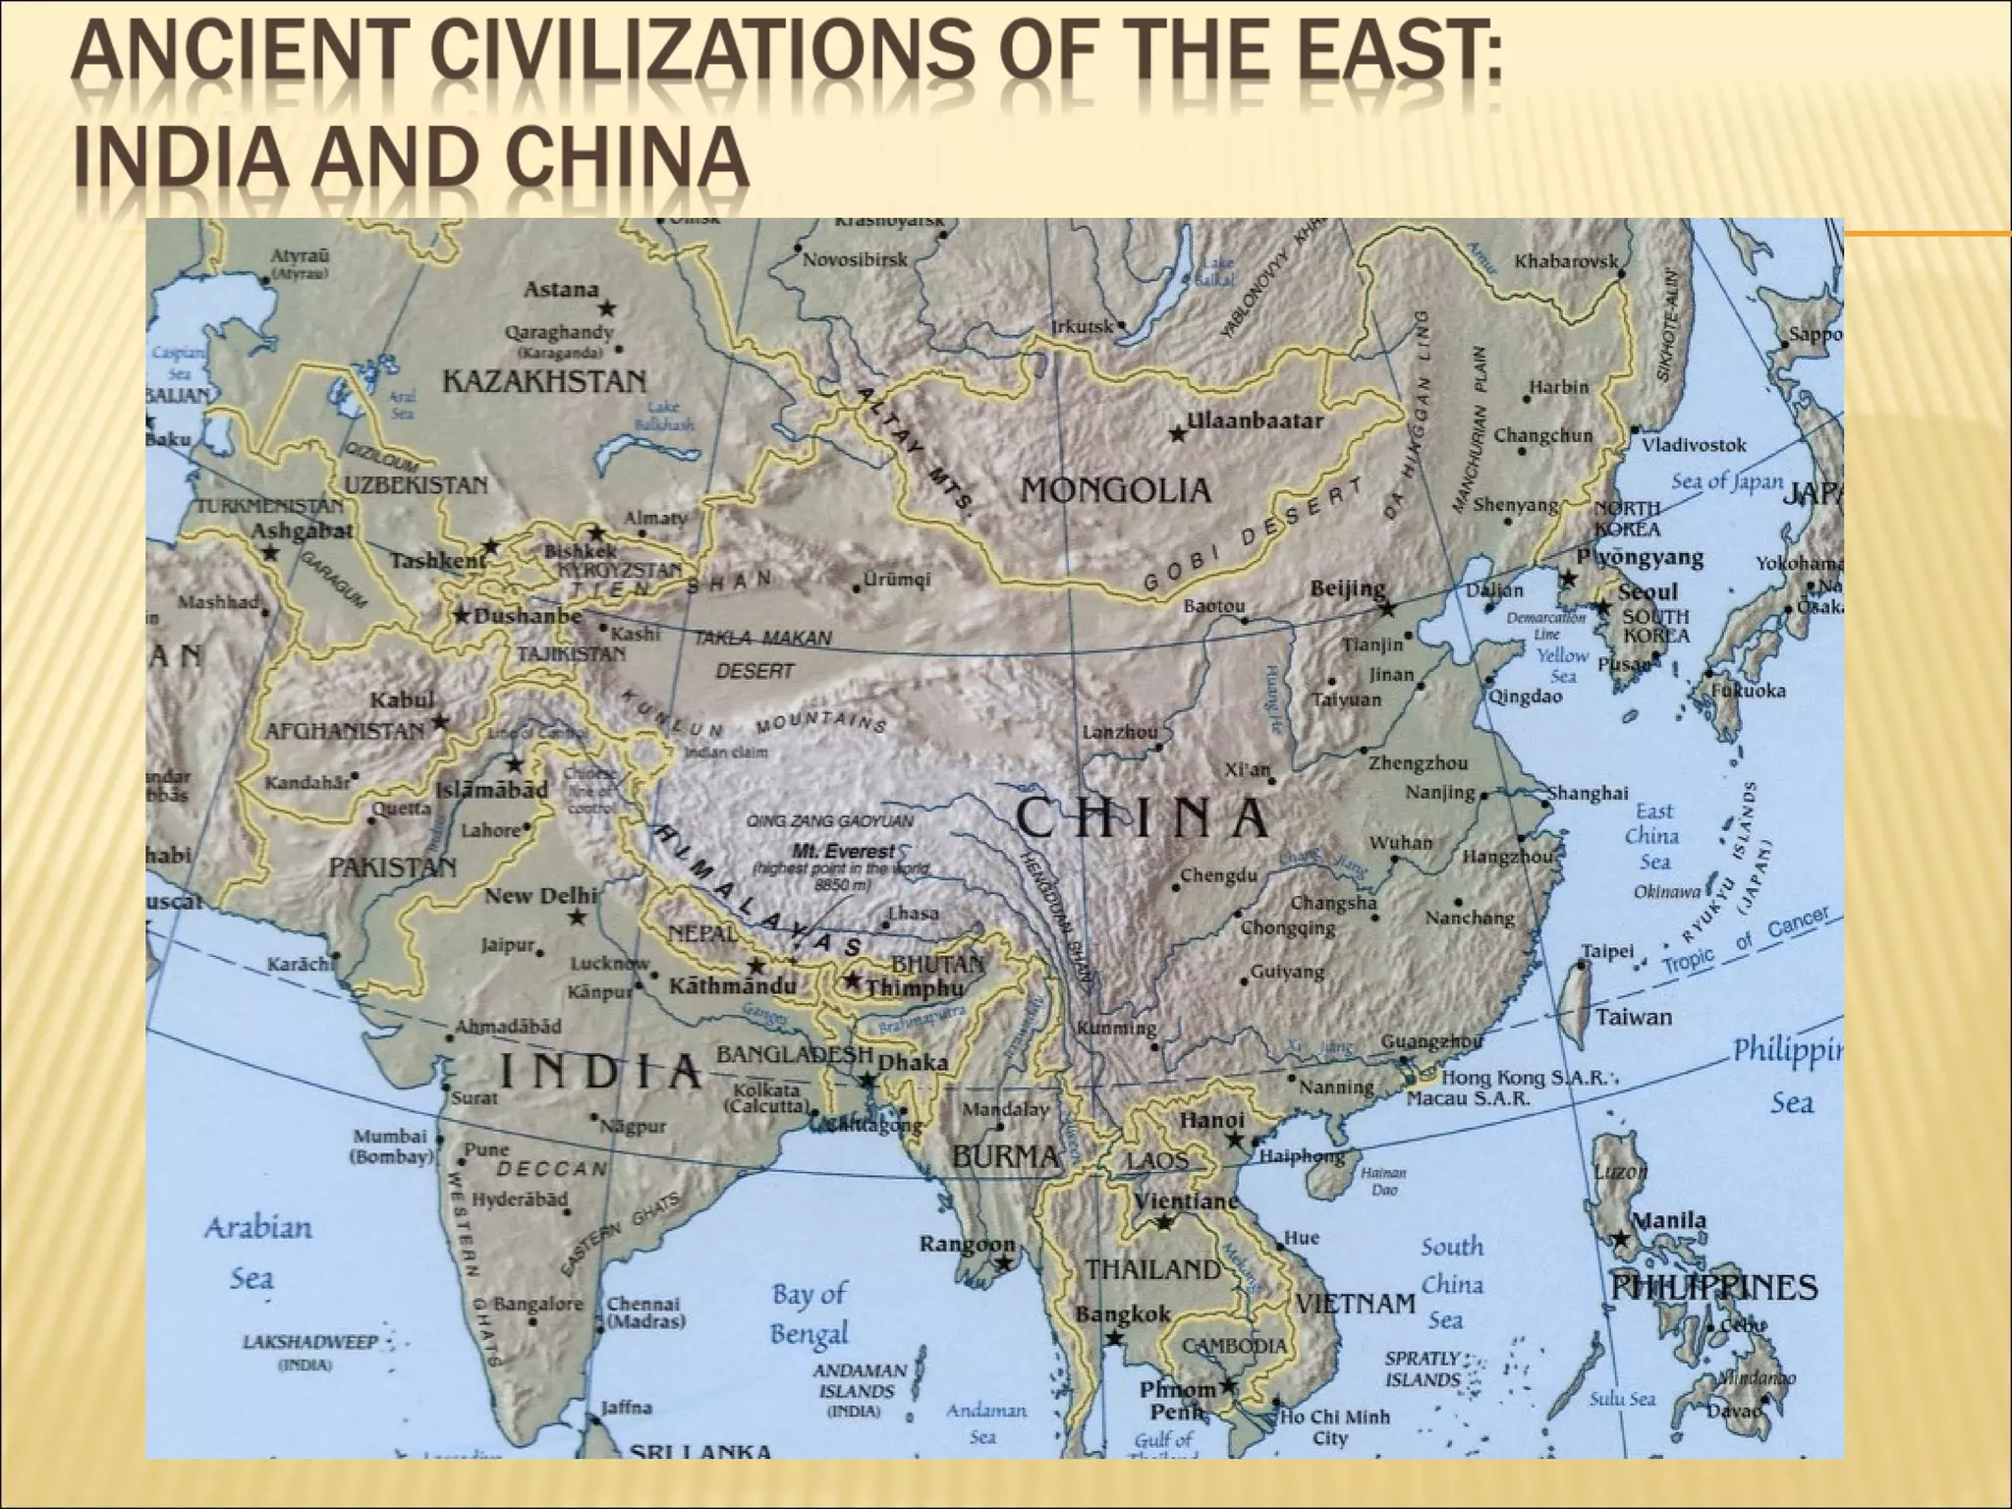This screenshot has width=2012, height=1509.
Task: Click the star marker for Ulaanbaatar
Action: click(x=1177, y=433)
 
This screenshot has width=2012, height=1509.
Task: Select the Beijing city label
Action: click(x=1348, y=588)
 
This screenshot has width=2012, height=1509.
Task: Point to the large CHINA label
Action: click(x=1142, y=818)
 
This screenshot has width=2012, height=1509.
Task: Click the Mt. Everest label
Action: click(x=845, y=851)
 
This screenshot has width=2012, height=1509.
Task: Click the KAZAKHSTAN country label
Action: click(x=544, y=381)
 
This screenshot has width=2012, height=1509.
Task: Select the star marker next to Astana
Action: click(x=607, y=308)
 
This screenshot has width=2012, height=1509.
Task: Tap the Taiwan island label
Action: click(x=1633, y=1017)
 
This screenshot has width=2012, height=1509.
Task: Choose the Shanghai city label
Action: click(x=1588, y=793)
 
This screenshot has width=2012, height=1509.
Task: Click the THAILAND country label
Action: click(x=1152, y=1269)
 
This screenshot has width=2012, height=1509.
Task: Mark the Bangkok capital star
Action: click(x=1114, y=1338)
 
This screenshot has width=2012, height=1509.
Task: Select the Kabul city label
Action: click(x=402, y=700)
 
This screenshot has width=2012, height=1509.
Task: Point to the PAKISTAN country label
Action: click(x=392, y=867)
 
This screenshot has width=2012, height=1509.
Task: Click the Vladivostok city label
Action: click(x=1694, y=445)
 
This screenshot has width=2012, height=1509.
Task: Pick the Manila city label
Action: click(x=1669, y=1220)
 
